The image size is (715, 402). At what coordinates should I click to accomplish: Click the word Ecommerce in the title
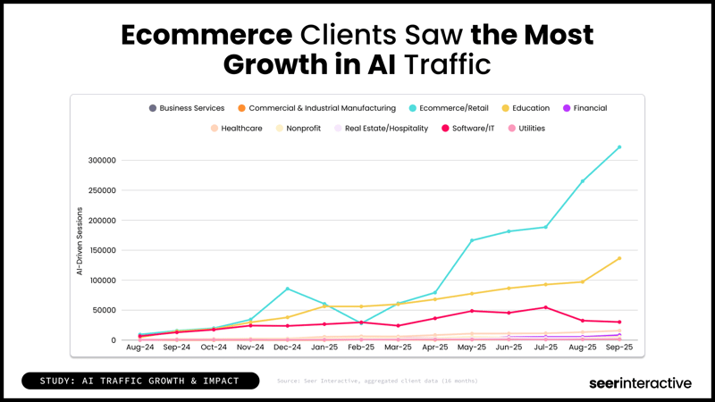tap(206, 35)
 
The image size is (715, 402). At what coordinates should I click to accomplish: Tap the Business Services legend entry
tap(187, 108)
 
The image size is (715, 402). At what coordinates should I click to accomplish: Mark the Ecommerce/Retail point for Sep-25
tap(619, 147)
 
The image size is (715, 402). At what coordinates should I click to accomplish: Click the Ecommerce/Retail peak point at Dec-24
tap(287, 289)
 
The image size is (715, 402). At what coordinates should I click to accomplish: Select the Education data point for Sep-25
tap(619, 258)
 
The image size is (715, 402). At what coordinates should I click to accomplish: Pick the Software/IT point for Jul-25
tap(545, 307)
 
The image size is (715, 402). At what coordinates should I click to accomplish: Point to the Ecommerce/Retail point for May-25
tap(472, 240)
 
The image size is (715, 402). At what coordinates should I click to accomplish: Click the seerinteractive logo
tap(640, 382)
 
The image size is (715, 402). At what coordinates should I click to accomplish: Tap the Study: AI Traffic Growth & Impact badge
tap(139, 381)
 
